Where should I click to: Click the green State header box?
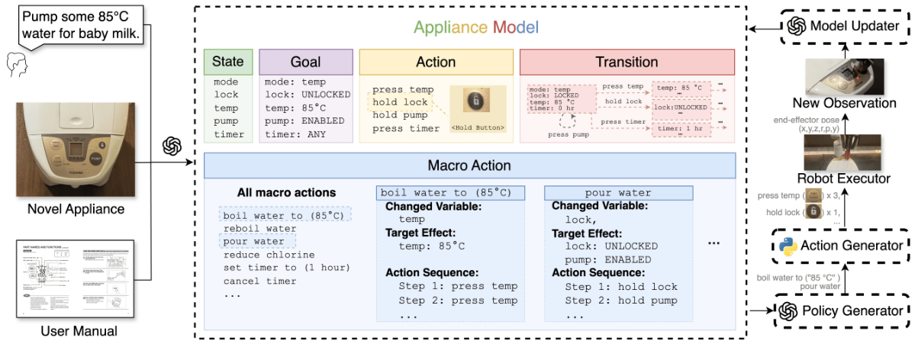(228, 62)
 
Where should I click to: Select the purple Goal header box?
(305, 62)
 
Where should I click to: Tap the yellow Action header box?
(435, 62)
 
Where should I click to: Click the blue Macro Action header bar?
(469, 165)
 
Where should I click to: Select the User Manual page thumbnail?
(76, 278)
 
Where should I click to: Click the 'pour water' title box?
(619, 193)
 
